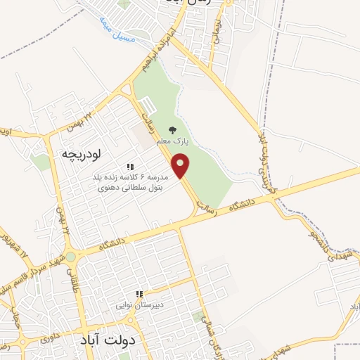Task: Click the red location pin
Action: tap(182, 167)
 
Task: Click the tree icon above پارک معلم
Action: tap(173, 130)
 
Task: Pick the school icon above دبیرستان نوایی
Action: tap(139, 294)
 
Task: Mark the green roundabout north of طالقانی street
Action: tap(70, 257)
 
